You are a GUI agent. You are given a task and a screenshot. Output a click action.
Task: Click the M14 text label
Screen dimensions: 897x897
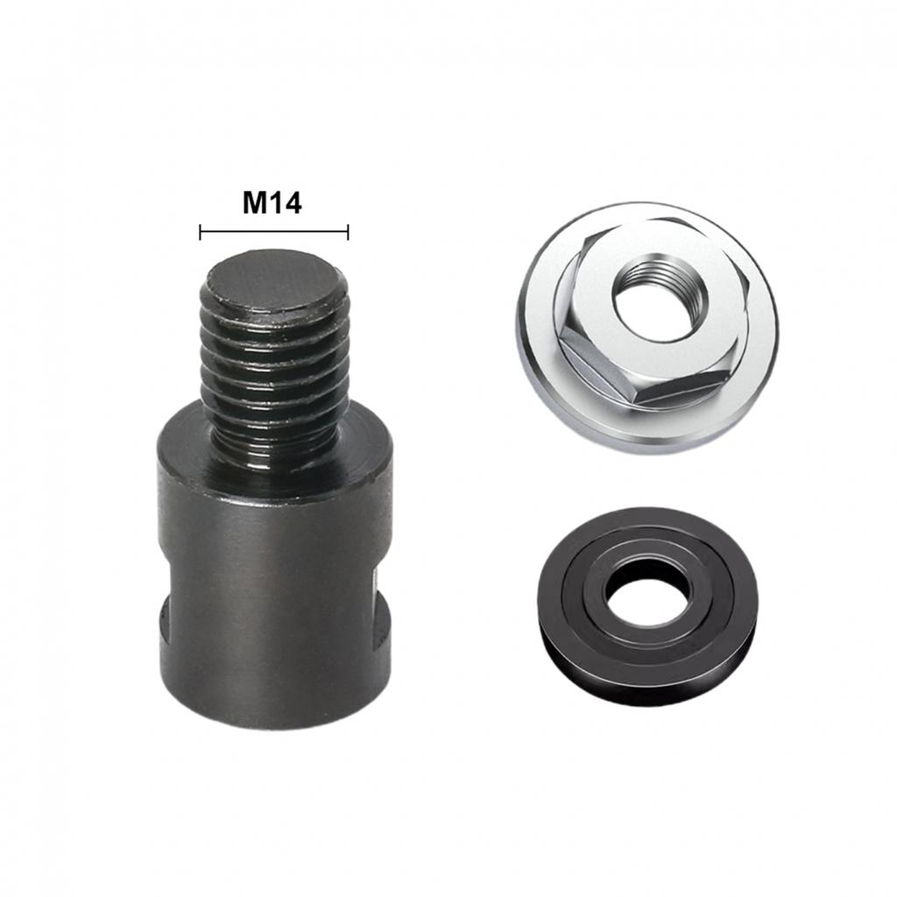[x=272, y=202]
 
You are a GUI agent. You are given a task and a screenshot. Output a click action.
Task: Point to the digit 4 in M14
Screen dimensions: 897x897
[x=293, y=202]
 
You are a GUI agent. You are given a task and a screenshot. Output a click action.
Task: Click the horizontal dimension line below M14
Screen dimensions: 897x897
[x=274, y=232]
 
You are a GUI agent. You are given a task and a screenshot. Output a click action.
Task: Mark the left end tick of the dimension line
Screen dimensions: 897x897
[x=201, y=232]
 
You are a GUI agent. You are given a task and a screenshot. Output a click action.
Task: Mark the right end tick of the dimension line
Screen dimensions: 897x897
[x=349, y=232]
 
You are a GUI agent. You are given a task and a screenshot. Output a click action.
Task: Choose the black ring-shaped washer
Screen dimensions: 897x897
[x=646, y=604]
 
